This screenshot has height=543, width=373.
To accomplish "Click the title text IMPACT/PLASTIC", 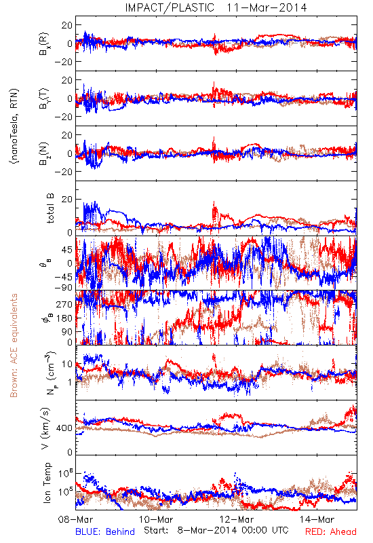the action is (x=170, y=7).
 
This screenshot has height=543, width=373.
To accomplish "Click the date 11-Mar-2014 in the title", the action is (x=267, y=7).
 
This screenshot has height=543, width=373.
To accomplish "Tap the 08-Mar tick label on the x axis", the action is (x=75, y=519).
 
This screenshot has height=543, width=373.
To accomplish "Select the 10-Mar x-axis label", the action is (x=156, y=519).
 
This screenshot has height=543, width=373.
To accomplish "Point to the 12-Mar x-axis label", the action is (x=237, y=519).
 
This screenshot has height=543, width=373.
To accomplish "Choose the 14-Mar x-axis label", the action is (x=317, y=519).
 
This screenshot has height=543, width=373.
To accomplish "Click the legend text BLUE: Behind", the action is (x=105, y=531).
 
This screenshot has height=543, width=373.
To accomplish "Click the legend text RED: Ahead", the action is (x=330, y=531).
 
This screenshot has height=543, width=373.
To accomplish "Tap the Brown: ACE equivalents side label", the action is (x=14, y=345).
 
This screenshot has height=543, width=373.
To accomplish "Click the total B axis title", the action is (x=50, y=208).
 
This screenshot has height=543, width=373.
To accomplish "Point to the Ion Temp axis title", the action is (x=47, y=483).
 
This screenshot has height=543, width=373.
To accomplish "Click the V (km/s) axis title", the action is (x=45, y=428).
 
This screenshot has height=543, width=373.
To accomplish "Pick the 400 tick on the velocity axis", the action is (x=64, y=428).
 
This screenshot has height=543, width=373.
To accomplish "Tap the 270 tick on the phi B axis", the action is (x=64, y=304).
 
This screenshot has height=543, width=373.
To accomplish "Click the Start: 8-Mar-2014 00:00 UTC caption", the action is (x=216, y=530).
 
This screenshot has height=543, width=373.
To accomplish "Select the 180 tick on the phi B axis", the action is (x=64, y=318).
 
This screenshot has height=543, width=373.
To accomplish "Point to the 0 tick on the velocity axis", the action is (x=70, y=452).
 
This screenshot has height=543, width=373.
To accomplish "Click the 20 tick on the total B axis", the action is (x=67, y=200).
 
